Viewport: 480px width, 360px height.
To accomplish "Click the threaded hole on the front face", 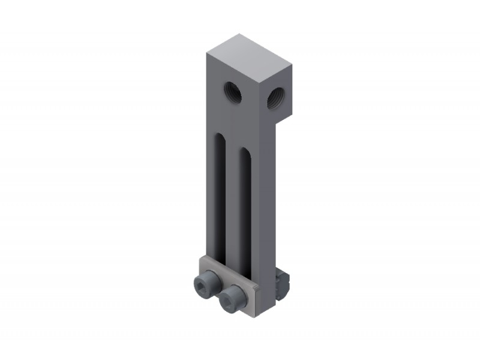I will pos(233,92).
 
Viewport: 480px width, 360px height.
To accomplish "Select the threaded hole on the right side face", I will pos(277,97).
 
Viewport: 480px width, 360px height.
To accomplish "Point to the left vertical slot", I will pos(220,198).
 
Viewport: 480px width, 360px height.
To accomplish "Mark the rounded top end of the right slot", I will pos(245,150).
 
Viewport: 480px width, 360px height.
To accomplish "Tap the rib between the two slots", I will pos(233,198).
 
